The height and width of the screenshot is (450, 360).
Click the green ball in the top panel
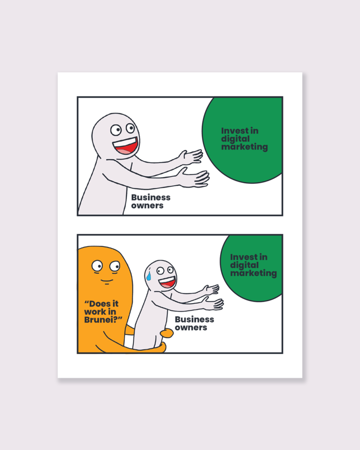(243, 140)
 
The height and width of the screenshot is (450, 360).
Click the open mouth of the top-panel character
(126, 145)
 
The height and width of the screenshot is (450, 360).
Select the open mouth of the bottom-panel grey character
(167, 282)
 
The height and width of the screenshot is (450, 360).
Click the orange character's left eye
(97, 266)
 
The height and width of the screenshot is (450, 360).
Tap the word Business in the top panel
(151, 197)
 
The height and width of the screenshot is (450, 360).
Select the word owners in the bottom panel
(191, 328)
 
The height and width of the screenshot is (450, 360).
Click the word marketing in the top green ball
(244, 147)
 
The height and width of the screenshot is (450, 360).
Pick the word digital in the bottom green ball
(244, 265)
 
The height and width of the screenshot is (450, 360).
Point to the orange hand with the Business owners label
(166, 333)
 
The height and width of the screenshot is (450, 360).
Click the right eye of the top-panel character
(131, 128)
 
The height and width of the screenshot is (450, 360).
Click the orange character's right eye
(115, 266)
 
